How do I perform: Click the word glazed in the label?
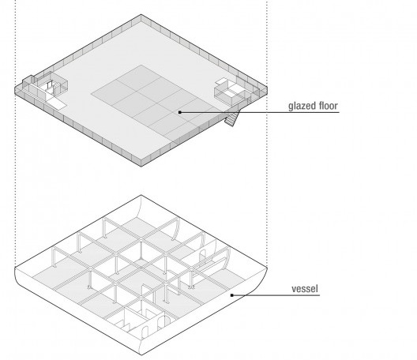[300, 106]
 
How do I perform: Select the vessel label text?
[305, 289]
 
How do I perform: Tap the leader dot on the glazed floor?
[180, 112]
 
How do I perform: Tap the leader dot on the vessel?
[232, 295]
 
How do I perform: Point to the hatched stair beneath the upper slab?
[231, 118]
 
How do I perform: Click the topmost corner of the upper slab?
[141, 15]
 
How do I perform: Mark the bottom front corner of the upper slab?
[141, 167]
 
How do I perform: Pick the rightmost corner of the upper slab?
[267, 87]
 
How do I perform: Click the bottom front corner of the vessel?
[141, 354]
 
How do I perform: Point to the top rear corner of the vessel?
[141, 195]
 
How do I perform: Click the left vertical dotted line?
[16, 133]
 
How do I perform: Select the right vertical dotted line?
[266, 133]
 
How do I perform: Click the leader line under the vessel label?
[276, 295]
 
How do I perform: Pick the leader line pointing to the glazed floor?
[260, 112]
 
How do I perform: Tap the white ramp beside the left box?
[56, 103]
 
